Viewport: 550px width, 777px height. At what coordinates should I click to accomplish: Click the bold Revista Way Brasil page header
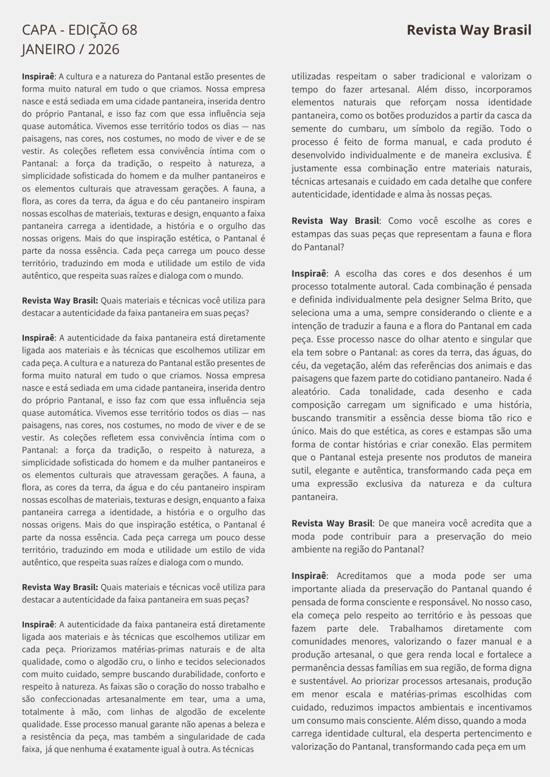469,30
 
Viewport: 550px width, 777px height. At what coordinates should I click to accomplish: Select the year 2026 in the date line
104,50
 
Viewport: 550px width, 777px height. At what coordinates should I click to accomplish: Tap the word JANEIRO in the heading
47,50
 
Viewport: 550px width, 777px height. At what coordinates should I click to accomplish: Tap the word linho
170,661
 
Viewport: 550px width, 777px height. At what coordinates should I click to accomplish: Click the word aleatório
311,392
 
